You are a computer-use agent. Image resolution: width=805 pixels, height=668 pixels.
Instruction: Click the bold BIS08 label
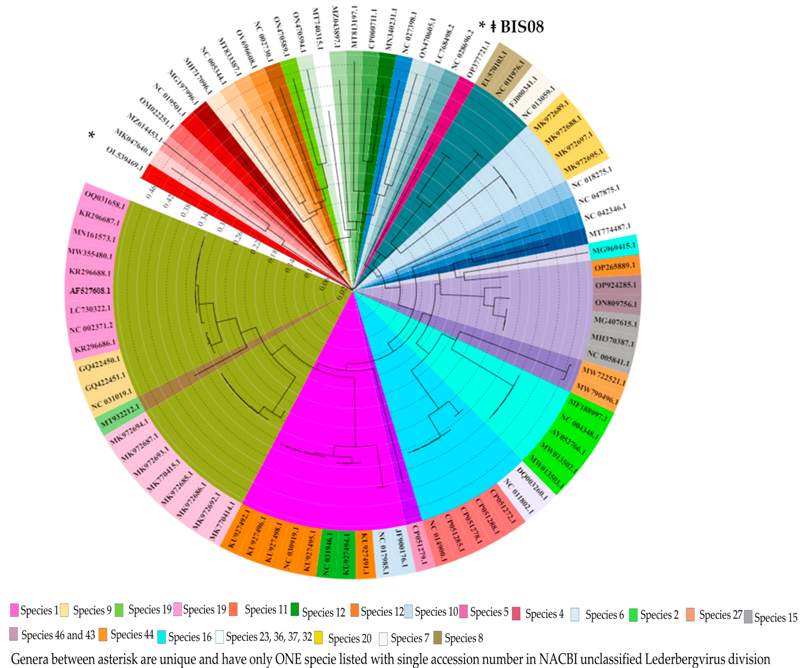[522, 27]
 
